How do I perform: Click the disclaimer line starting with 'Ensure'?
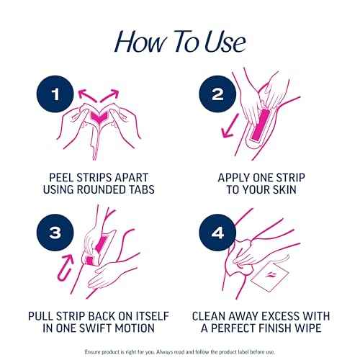[180, 351]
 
